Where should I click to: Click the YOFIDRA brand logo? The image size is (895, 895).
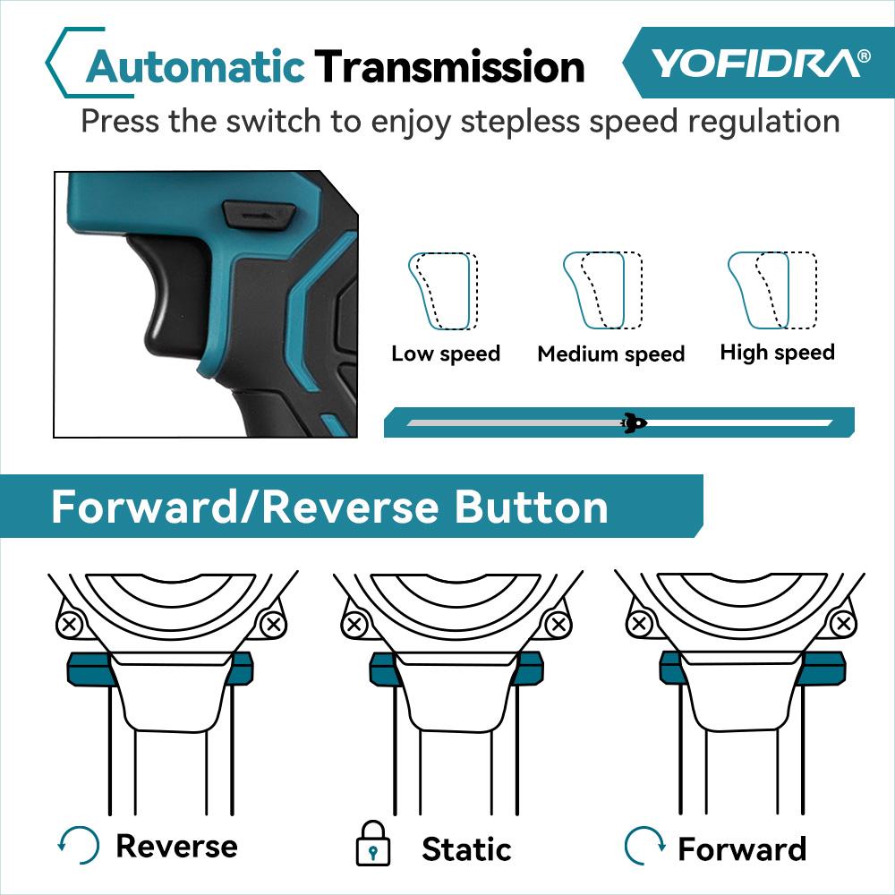tap(759, 63)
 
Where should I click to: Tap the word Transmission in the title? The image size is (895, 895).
tap(449, 67)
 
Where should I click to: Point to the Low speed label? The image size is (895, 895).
tap(445, 354)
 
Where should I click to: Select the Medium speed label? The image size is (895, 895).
tap(610, 354)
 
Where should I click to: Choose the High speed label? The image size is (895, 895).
tap(777, 353)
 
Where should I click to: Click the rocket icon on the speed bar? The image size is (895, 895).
tap(634, 422)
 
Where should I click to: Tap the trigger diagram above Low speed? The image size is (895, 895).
tap(443, 291)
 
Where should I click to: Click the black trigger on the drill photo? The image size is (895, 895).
tap(170, 286)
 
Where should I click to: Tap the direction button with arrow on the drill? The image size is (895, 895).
tap(259, 214)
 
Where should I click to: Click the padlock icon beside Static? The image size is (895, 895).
tap(373, 844)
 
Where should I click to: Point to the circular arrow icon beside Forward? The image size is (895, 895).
tap(644, 845)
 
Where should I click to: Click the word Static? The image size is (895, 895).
tap(466, 848)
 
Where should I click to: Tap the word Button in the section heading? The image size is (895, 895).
tap(532, 507)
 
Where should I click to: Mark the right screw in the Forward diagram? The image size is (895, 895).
tap(840, 623)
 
